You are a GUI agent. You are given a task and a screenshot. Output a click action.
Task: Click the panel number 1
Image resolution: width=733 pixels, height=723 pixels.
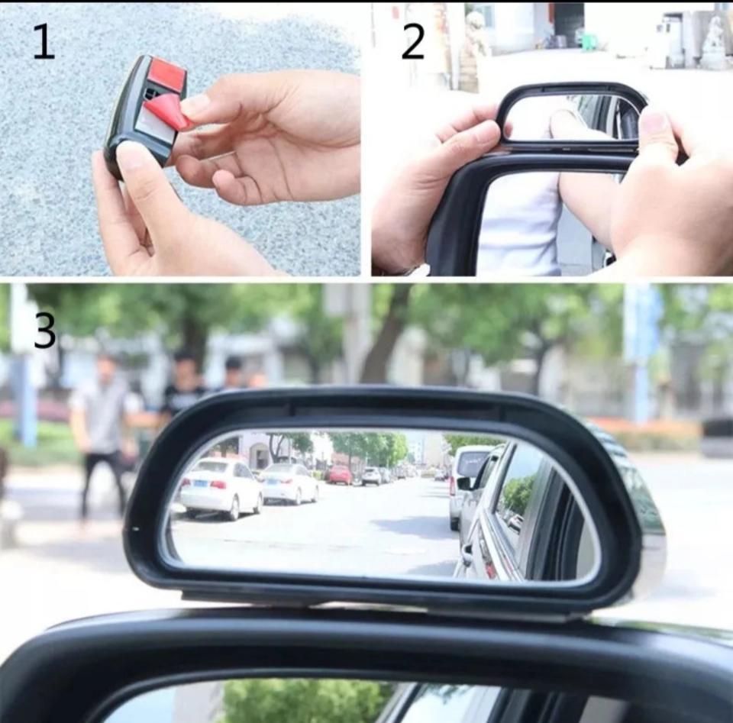44,43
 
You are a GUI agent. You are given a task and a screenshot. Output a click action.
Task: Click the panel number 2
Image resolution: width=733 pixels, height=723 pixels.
413,42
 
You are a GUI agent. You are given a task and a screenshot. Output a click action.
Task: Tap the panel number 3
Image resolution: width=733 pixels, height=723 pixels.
45,331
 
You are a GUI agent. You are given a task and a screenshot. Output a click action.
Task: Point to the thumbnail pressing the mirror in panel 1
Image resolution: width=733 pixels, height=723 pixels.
132,154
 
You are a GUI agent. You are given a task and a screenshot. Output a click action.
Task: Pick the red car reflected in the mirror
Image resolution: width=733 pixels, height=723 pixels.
339,474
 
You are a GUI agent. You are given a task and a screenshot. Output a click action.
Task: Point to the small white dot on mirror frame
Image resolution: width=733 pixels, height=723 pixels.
137,529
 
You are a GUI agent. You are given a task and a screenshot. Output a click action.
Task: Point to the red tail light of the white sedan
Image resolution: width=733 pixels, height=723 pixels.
219,484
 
